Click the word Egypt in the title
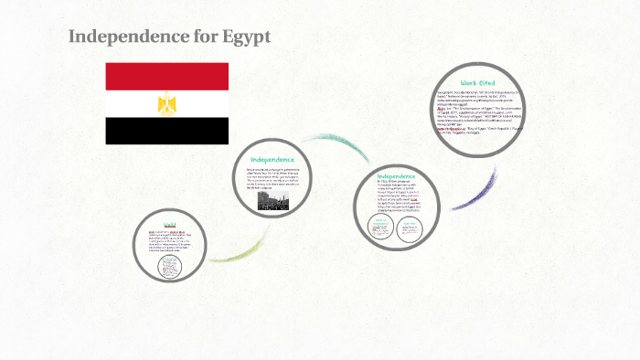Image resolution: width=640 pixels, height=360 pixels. tap(246, 37)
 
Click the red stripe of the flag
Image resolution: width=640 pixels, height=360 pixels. tap(166, 76)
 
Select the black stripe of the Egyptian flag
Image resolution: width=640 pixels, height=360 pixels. tap(166, 131)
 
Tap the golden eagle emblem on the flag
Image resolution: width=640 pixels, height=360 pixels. tap(166, 103)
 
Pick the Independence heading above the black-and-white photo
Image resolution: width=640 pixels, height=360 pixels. tap(272, 159)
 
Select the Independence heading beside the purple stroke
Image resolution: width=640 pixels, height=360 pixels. tap(396, 175)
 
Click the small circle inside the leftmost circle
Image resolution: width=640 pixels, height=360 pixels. tap(170, 266)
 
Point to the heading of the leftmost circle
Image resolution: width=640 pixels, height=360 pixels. tap(169, 224)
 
